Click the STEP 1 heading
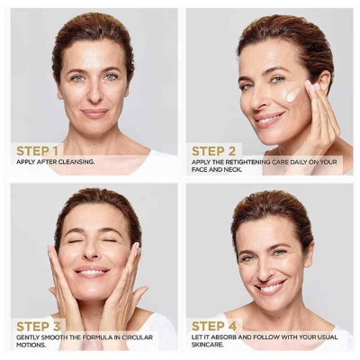pyautogui.click(x=37, y=151)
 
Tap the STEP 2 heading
pyautogui.click(x=213, y=151)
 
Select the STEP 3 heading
pyautogui.click(x=39, y=327)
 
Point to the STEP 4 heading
pyautogui.click(x=214, y=327)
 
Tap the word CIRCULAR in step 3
pyautogui.click(x=138, y=337)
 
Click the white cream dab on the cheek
pyautogui.click(x=292, y=94)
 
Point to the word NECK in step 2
pyautogui.click(x=233, y=170)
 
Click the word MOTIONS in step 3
pyautogui.click(x=31, y=345)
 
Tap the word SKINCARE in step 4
pyautogui.click(x=208, y=345)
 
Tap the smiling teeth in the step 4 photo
pyautogui.click(x=271, y=288)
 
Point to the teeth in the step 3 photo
pyautogui.click(x=92, y=273)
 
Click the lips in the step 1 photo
pyautogui.click(x=94, y=113)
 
